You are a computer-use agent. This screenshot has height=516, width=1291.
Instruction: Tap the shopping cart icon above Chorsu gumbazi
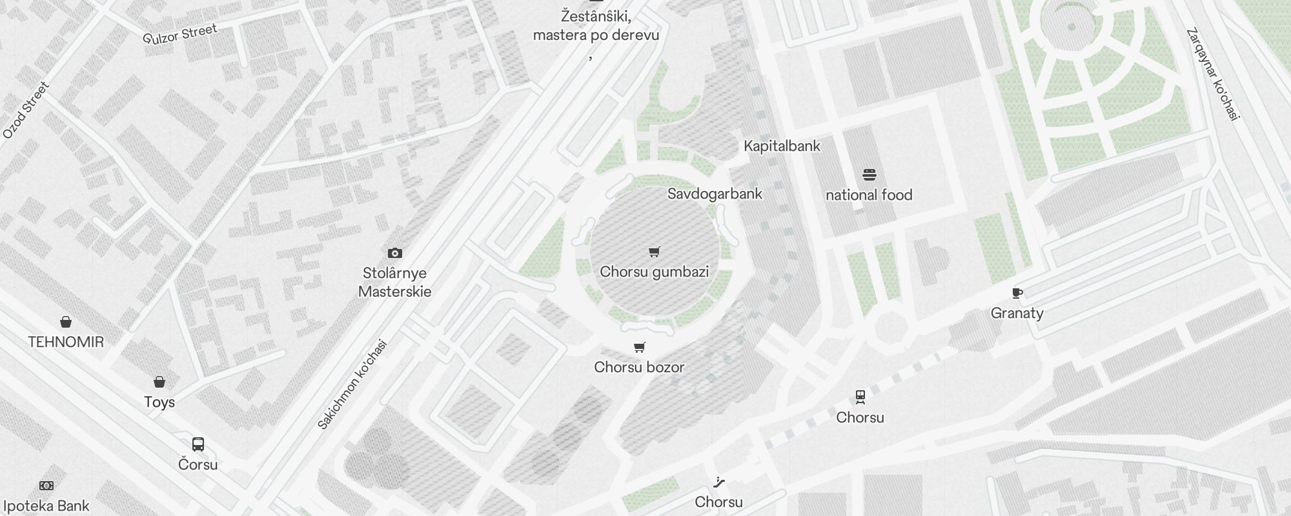pos(655,252)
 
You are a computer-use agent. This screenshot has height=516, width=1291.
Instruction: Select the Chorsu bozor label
pos(639,367)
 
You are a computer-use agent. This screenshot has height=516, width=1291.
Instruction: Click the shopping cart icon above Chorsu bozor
pos(640,348)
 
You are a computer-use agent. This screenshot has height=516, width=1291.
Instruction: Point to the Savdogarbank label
pos(715,193)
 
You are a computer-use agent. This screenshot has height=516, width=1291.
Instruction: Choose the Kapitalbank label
pos(782,146)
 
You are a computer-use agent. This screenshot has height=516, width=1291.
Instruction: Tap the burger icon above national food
pos(869,175)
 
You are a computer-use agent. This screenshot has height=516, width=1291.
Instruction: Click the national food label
pos(869,195)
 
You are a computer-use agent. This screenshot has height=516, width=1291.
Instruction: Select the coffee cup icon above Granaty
pos(1017,293)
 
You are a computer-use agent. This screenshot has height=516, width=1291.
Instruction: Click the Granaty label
pos(1017,313)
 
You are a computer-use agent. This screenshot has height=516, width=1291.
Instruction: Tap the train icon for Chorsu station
pos(860,397)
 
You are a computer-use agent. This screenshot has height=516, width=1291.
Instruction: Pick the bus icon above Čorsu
pos(198,444)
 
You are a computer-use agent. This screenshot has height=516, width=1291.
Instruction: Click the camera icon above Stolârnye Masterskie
pos(394,253)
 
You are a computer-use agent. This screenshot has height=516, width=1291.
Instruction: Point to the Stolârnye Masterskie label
pos(394,282)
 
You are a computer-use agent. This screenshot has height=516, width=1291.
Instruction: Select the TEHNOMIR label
pos(66,342)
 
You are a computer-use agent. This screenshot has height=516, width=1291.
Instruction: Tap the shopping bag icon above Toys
pos(159,382)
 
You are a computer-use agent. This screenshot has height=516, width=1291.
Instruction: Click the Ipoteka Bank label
pos(45,506)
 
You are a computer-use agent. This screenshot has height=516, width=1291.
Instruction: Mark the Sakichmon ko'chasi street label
pos(352,384)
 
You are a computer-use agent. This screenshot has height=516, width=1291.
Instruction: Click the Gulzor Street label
pos(180,34)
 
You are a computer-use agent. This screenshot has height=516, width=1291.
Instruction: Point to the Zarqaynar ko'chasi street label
pos(1214,74)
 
